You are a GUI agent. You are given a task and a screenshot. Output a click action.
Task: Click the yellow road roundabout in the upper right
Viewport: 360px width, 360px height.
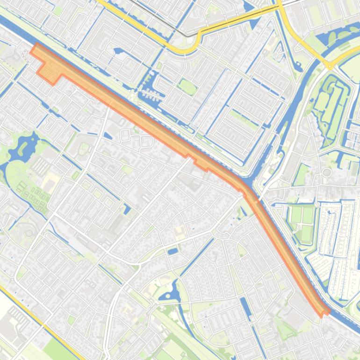pyautogui.click(x=330, y=65)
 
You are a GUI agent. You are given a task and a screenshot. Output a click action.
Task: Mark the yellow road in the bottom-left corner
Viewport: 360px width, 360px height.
pyautogui.click(x=37, y=318)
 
